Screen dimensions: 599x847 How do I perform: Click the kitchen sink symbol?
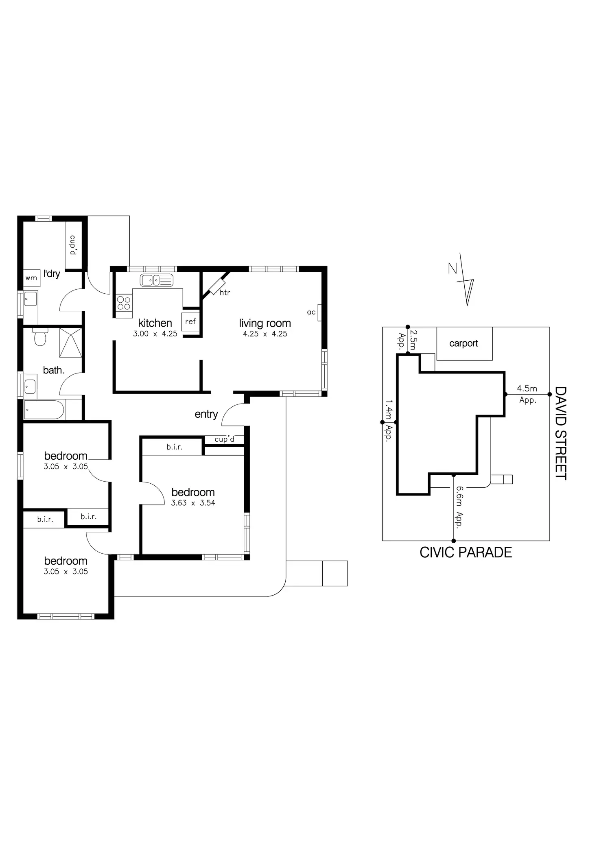(x=157, y=280)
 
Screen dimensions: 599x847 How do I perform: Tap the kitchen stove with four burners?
(x=124, y=303)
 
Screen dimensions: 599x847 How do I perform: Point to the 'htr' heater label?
(x=225, y=293)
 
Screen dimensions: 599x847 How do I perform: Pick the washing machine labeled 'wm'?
(x=31, y=278)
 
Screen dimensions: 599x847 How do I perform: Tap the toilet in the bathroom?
(x=40, y=336)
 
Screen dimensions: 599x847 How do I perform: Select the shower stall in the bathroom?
(x=71, y=343)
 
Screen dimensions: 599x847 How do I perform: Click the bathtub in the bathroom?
(x=44, y=410)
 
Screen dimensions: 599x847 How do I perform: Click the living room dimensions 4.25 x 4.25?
(x=265, y=334)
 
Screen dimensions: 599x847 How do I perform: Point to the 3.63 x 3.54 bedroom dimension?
(x=193, y=503)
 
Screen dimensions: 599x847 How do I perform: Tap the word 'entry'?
(x=206, y=415)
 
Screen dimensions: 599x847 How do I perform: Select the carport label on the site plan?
(x=463, y=344)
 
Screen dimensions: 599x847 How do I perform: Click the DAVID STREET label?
(x=561, y=433)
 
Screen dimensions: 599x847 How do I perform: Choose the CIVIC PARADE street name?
(x=466, y=552)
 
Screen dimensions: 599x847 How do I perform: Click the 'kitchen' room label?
(x=155, y=323)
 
